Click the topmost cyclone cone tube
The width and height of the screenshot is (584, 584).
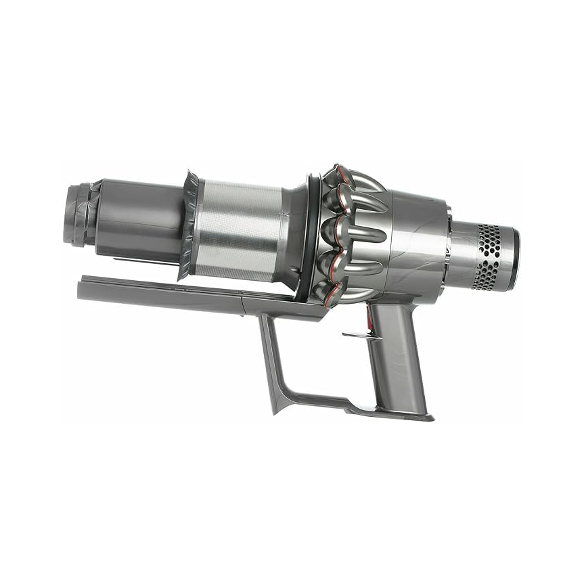tap(359, 180)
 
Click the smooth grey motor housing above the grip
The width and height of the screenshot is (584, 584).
tap(416, 244)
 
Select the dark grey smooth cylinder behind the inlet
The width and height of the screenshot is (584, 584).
tap(135, 217)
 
